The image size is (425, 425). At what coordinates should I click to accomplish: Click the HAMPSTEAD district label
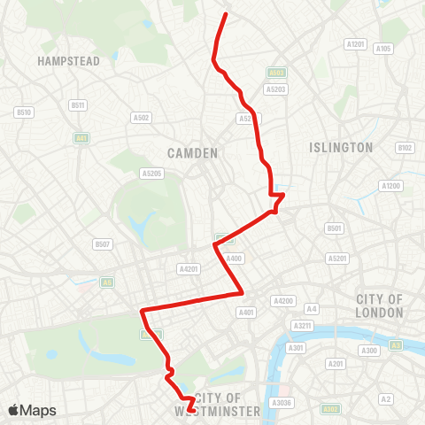click(68, 61)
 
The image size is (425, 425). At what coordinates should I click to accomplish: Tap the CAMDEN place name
click(192, 153)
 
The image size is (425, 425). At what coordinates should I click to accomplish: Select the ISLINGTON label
click(342, 147)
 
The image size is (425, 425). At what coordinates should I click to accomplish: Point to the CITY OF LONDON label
click(379, 305)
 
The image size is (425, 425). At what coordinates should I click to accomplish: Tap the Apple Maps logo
click(32, 410)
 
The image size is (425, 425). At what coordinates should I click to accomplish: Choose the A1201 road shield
click(356, 43)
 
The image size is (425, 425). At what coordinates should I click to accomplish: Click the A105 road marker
click(383, 49)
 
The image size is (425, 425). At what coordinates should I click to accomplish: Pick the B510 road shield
click(24, 112)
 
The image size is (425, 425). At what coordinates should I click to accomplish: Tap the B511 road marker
click(78, 105)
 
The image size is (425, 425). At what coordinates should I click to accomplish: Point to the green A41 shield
click(81, 138)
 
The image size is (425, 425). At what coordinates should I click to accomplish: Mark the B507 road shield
click(103, 243)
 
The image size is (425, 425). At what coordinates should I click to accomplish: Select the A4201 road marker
click(189, 268)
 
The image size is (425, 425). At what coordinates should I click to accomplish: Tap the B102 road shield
click(406, 148)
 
